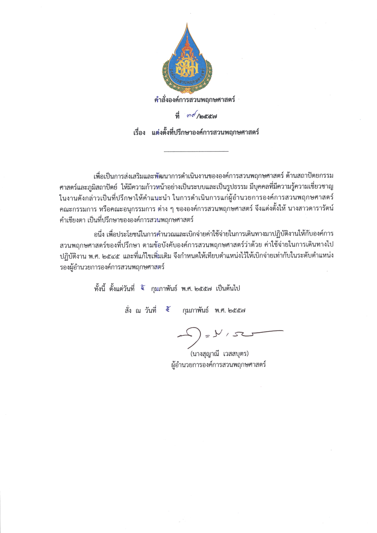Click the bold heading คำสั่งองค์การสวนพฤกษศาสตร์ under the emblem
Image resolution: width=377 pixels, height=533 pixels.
195,100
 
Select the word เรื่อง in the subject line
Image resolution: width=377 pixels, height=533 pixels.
139,133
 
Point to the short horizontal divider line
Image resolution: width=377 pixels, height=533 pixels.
196,152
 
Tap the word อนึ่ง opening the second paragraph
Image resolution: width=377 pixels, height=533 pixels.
100,234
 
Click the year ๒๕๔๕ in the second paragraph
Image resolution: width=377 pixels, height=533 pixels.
111,256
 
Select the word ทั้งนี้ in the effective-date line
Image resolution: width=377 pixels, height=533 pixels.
100,289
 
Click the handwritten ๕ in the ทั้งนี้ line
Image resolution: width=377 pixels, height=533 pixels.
143,288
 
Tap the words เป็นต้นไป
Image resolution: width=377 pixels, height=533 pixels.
228,289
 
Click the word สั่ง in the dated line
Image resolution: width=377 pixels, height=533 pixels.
129,311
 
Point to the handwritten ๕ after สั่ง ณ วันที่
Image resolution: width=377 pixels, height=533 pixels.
168,310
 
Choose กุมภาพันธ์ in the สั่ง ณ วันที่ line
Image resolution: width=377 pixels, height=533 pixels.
195,311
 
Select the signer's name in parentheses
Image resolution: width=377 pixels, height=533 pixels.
219,354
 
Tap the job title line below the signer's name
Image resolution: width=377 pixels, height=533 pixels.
218,365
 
